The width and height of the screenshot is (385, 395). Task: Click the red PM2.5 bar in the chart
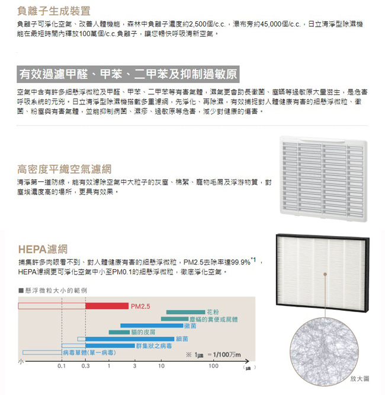tap(107, 305)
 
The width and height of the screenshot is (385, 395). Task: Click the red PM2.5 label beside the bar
tap(141, 306)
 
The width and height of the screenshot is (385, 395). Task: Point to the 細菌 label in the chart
tap(182, 339)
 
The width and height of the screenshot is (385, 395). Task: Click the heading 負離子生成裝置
tap(54, 11)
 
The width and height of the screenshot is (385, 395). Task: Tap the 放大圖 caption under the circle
tap(360, 378)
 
